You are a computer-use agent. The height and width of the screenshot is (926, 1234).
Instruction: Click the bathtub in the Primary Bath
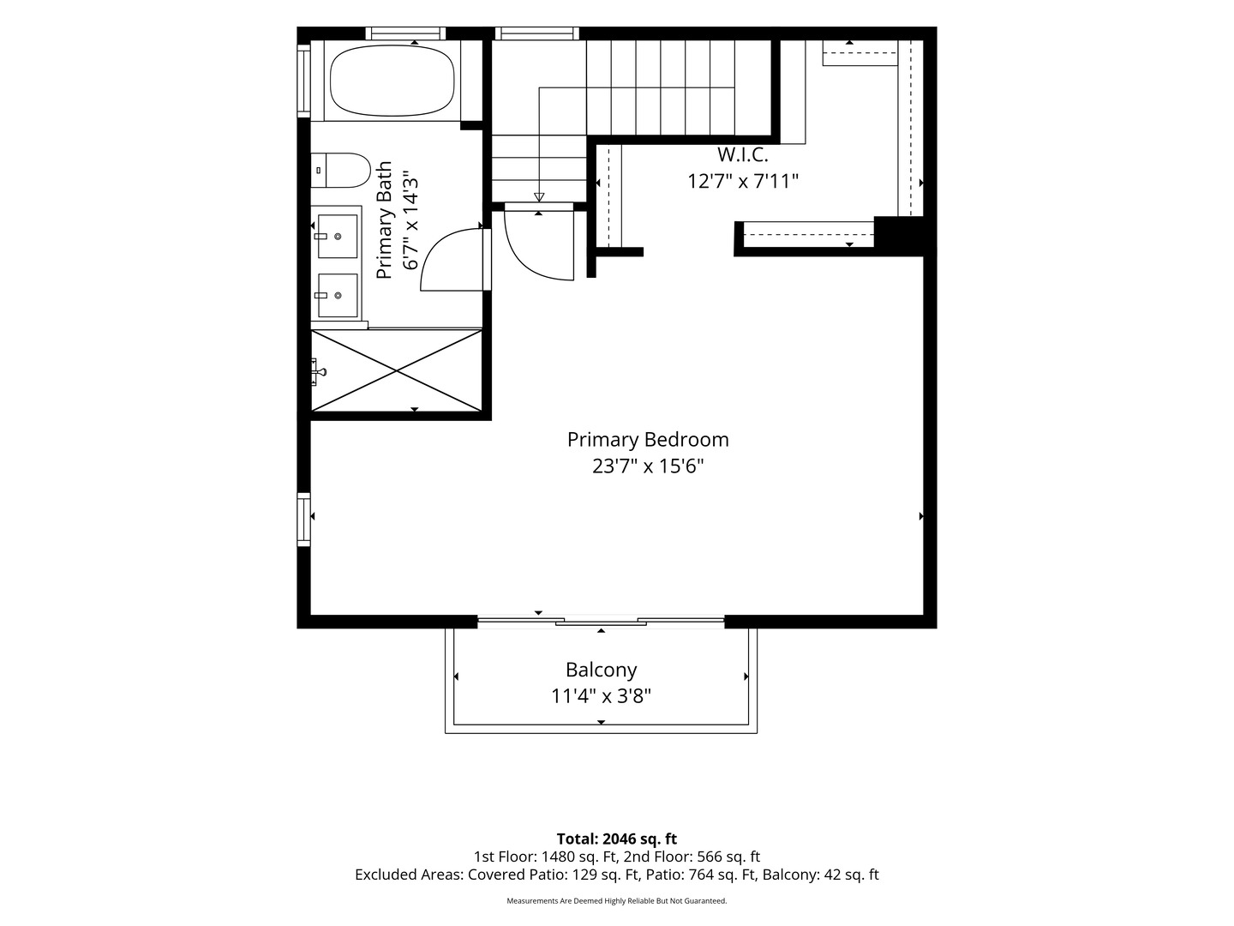click(x=392, y=81)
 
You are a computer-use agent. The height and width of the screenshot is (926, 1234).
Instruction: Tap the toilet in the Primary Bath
click(x=341, y=171)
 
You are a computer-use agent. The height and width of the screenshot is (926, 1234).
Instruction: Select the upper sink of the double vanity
click(x=338, y=236)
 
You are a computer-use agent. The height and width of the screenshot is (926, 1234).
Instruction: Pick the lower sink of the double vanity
click(x=338, y=295)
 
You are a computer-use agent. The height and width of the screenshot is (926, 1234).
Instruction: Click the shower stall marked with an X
click(x=397, y=371)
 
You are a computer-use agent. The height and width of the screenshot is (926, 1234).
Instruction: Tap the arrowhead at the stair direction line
click(x=539, y=197)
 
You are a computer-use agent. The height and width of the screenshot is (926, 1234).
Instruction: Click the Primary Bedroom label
click(x=648, y=440)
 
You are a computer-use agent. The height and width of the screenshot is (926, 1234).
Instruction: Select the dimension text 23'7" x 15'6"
click(x=648, y=466)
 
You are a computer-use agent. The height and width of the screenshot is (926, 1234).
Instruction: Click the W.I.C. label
click(x=743, y=154)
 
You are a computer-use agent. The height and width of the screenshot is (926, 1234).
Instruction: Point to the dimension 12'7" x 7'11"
click(x=743, y=181)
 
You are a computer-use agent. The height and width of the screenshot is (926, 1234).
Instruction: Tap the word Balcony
click(x=601, y=670)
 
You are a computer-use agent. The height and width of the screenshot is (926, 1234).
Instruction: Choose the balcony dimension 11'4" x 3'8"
click(x=601, y=696)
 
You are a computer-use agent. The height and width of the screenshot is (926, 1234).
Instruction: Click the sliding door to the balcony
click(x=601, y=621)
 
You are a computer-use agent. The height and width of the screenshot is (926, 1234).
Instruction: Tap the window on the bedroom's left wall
click(x=303, y=520)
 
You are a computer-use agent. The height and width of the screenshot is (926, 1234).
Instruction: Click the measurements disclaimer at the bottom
click(x=617, y=900)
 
